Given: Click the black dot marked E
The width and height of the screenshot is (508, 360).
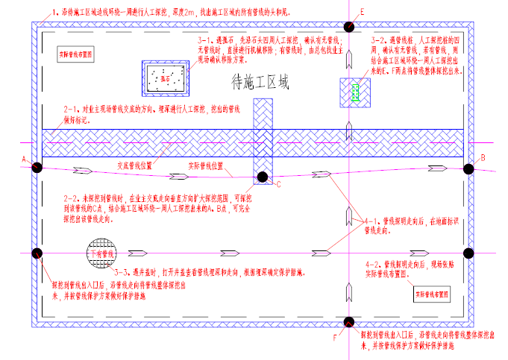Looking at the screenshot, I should point(348,28).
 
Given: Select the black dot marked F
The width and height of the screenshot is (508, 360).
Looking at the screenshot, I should point(348,323).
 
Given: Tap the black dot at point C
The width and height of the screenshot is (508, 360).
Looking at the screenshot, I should point(263,177).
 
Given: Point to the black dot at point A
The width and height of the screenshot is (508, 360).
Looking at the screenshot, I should point(36,168).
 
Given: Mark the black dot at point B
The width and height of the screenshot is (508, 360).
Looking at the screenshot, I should point(469,168).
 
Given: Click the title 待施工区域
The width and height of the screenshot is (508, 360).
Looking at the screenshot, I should point(260,80).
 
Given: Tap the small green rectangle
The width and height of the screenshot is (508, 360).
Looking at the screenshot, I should point(355,92).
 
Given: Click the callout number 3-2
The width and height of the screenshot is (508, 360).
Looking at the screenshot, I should point(379,39).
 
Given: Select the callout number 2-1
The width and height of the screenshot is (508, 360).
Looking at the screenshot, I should point(72,110).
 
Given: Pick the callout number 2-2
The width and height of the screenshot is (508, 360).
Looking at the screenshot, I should point(72,199).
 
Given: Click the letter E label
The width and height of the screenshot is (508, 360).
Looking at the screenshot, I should point(362,13).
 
